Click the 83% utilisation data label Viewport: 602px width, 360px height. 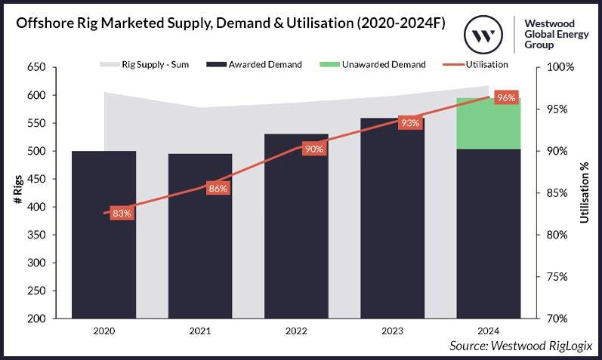(122, 214)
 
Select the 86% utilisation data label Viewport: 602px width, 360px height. (218, 189)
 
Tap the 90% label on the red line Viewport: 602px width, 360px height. (313, 149)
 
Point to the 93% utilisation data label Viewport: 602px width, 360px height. (410, 123)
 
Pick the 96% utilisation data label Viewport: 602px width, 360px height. (506, 98)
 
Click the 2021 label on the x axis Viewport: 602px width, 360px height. (200, 331)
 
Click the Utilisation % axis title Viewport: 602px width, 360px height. (585, 192)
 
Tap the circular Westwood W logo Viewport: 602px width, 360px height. (484, 35)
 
